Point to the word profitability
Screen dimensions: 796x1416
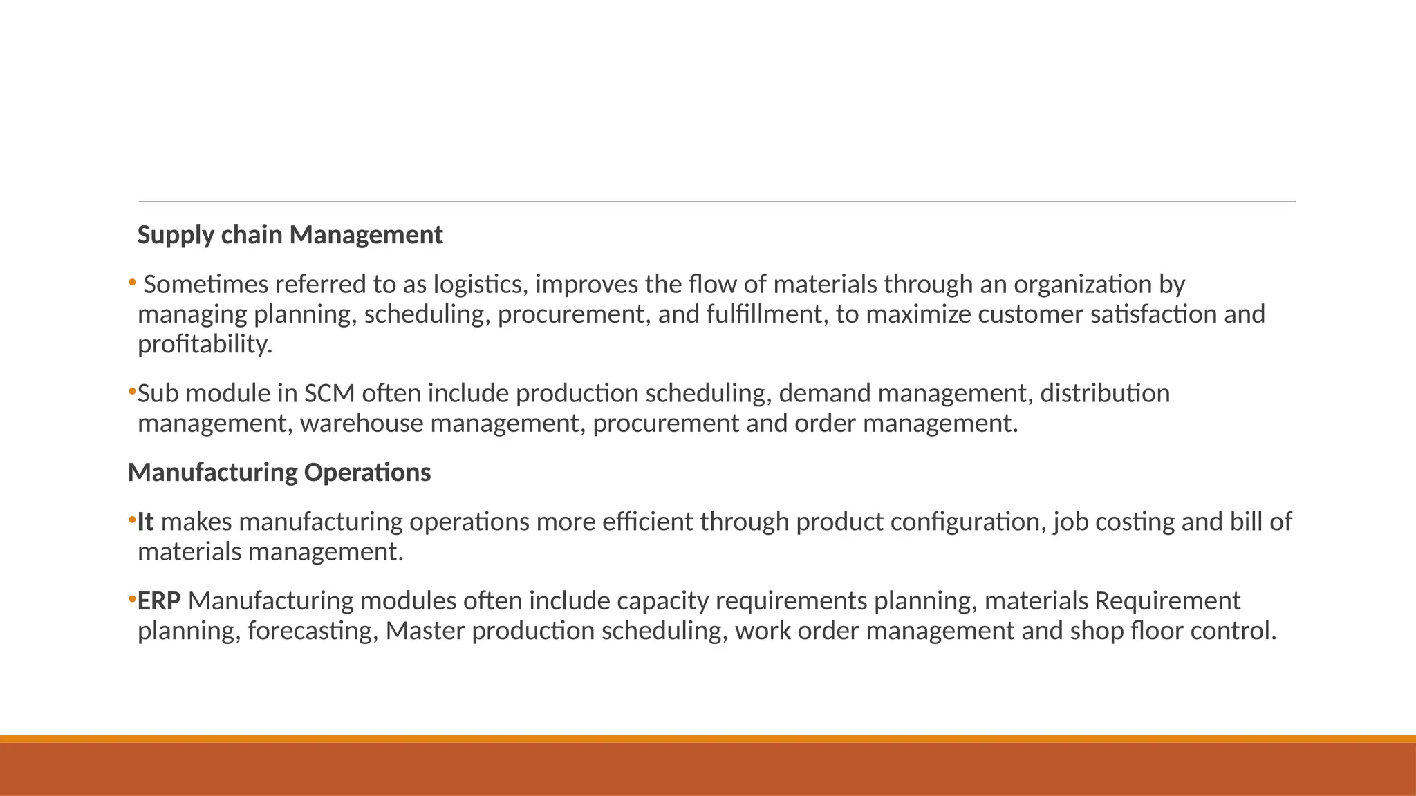(x=205, y=344)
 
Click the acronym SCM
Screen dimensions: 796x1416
(x=329, y=394)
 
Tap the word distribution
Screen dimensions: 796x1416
(x=1105, y=394)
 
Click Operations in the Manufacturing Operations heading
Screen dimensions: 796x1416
(x=366, y=473)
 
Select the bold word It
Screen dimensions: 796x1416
(x=145, y=522)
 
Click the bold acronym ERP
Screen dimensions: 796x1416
(x=159, y=601)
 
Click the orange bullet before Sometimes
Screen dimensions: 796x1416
(x=132, y=283)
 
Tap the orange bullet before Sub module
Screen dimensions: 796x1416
(x=132, y=392)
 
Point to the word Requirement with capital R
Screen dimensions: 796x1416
(x=1167, y=601)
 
